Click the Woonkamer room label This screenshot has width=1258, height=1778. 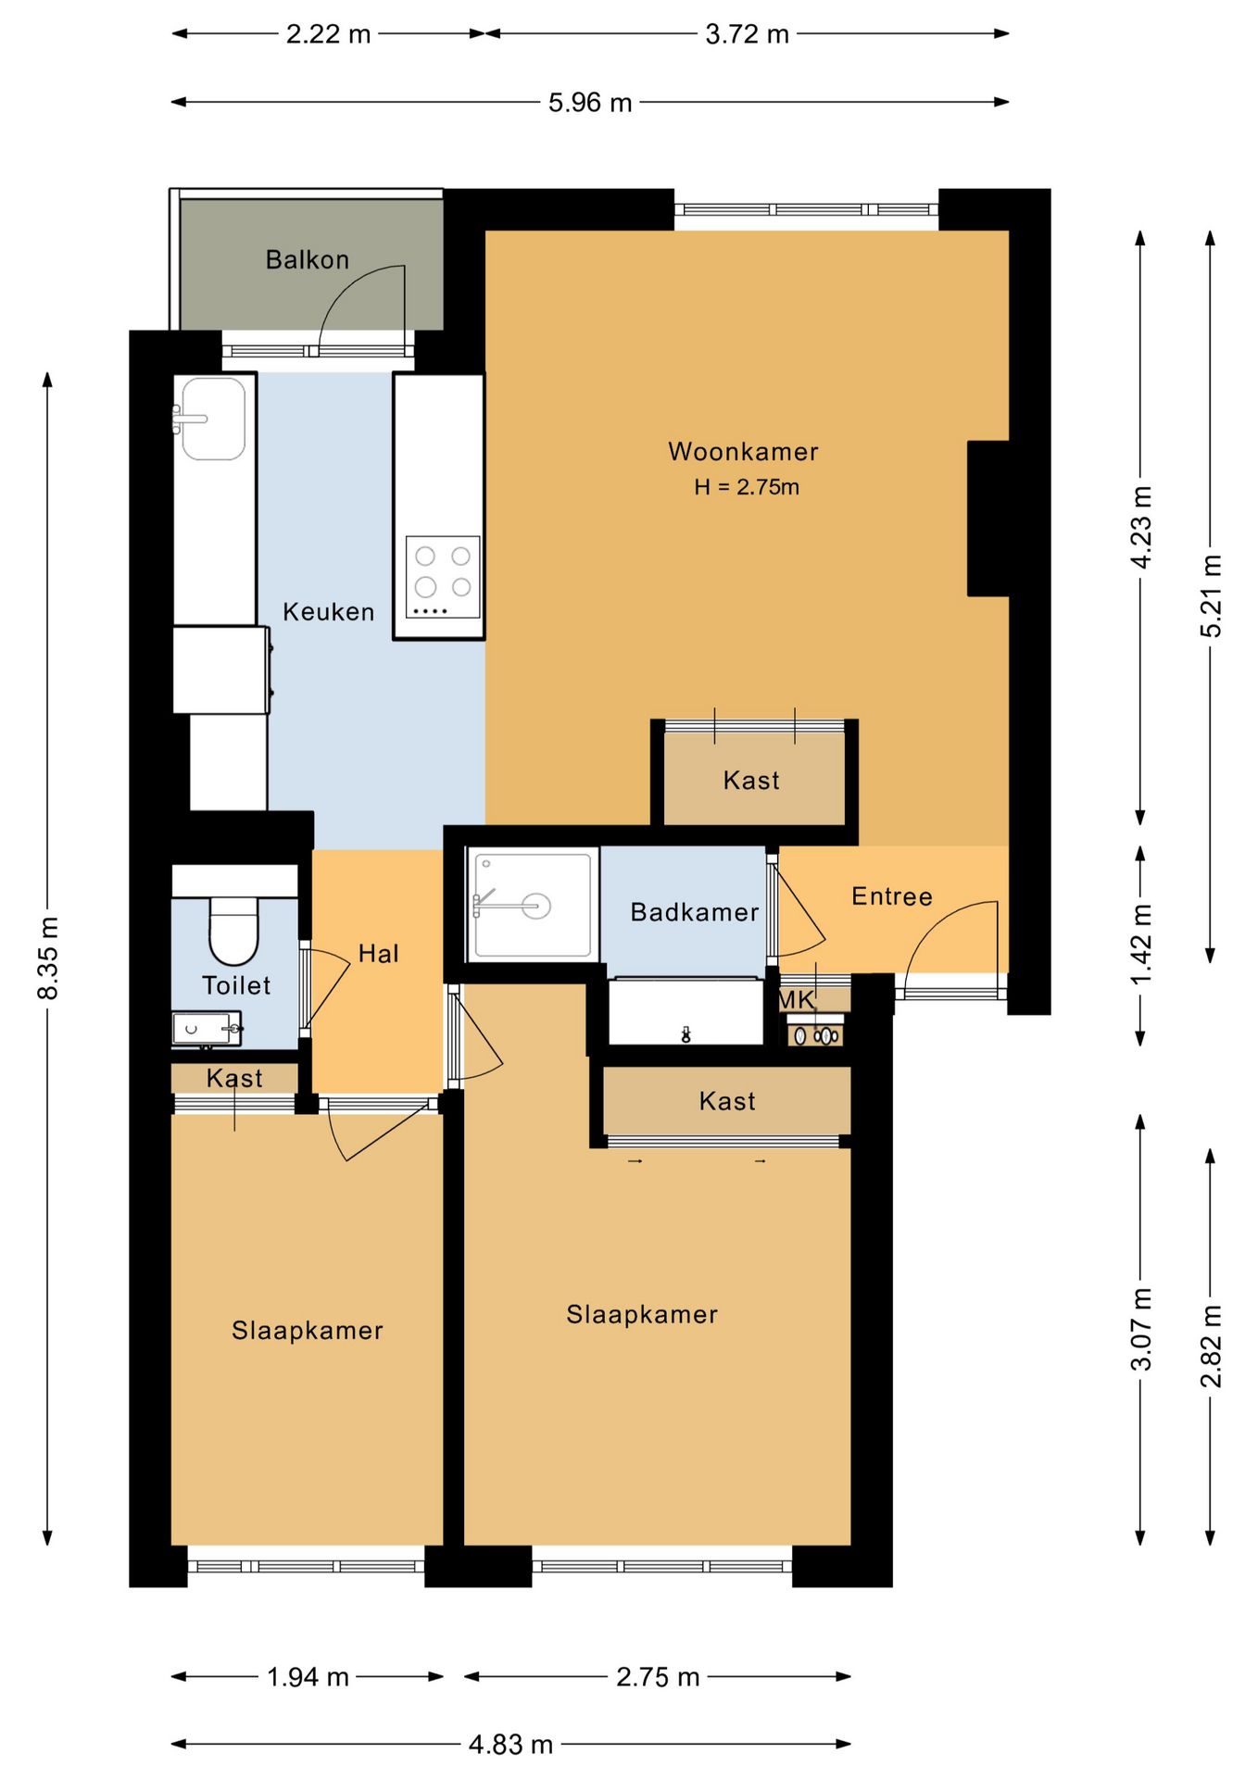[743, 452]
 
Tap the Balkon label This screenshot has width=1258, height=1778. [308, 259]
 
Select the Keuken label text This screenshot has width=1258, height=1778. [329, 612]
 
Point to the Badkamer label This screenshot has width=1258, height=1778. [695, 912]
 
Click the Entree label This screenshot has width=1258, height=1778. [892, 896]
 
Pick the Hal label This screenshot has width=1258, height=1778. [379, 954]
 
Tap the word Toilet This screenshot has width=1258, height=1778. [236, 985]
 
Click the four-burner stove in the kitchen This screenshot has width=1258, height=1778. [443, 577]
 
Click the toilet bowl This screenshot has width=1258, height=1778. [233, 930]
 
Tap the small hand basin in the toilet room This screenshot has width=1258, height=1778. [206, 1029]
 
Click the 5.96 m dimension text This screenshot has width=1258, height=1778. [590, 102]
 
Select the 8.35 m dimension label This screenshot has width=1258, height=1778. [48, 958]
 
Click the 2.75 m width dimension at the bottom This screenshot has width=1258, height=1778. [658, 1677]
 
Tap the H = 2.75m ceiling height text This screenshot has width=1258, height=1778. [747, 487]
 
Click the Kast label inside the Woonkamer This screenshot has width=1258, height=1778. [751, 781]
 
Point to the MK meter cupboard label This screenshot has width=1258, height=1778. [796, 1000]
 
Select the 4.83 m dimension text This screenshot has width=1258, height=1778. [510, 1745]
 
